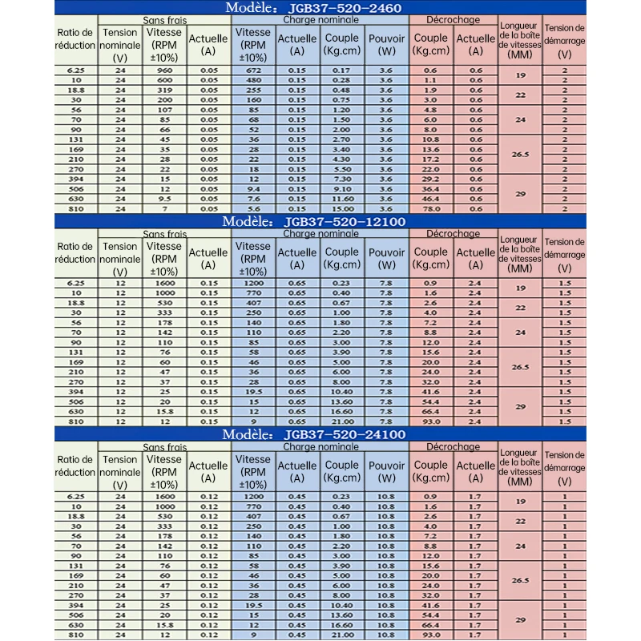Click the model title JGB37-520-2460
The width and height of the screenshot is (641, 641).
345,8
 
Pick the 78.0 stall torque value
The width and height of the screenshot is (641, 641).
429,208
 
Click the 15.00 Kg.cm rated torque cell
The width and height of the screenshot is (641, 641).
341,208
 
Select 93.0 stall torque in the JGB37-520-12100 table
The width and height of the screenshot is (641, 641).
429,421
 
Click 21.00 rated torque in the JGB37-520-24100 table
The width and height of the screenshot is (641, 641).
341,635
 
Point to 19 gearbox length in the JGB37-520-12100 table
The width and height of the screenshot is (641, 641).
520,288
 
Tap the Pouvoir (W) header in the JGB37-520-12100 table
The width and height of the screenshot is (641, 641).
386,258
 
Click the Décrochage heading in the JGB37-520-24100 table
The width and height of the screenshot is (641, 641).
454,446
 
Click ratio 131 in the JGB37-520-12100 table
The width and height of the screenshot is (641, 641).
76,352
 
